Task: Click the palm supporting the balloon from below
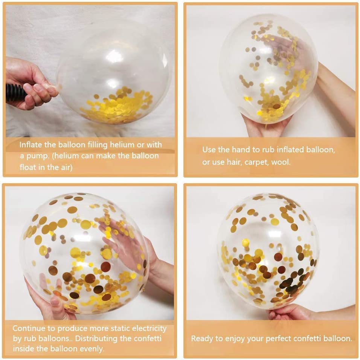pos(264,126)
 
